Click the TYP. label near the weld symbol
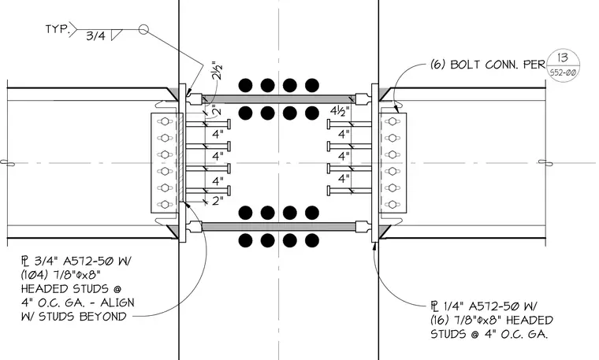(x=58, y=29)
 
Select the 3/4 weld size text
(x=95, y=36)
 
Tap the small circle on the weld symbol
(x=143, y=29)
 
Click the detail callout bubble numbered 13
(x=563, y=65)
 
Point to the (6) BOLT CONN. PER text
(x=488, y=65)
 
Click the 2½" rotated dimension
(x=217, y=70)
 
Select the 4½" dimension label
(x=340, y=111)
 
